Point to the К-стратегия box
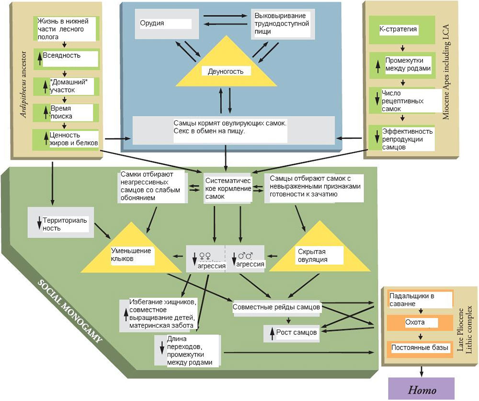(x=398, y=29)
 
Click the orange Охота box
(x=415, y=322)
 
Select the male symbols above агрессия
(x=245, y=255)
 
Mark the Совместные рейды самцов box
(x=276, y=307)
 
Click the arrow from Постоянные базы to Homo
(x=422, y=371)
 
